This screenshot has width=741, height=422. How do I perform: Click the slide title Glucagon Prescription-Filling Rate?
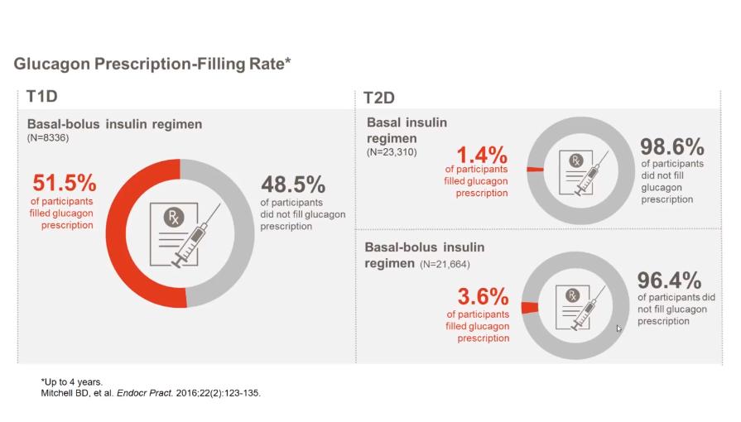tap(152, 64)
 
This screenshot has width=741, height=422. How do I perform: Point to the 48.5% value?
tap(293, 183)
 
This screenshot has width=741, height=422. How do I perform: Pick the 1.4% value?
tap(481, 154)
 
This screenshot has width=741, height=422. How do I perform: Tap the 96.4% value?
tap(670, 280)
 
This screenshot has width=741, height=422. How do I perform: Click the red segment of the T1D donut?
tap(124, 248)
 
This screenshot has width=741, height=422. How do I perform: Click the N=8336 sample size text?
tap(48, 137)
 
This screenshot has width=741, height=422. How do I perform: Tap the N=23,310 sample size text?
tap(392, 152)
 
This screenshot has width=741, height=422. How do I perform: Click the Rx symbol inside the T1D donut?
tap(174, 218)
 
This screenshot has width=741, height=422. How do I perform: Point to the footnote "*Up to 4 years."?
tap(71, 381)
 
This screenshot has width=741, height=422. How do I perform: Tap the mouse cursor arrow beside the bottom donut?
tap(618, 328)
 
